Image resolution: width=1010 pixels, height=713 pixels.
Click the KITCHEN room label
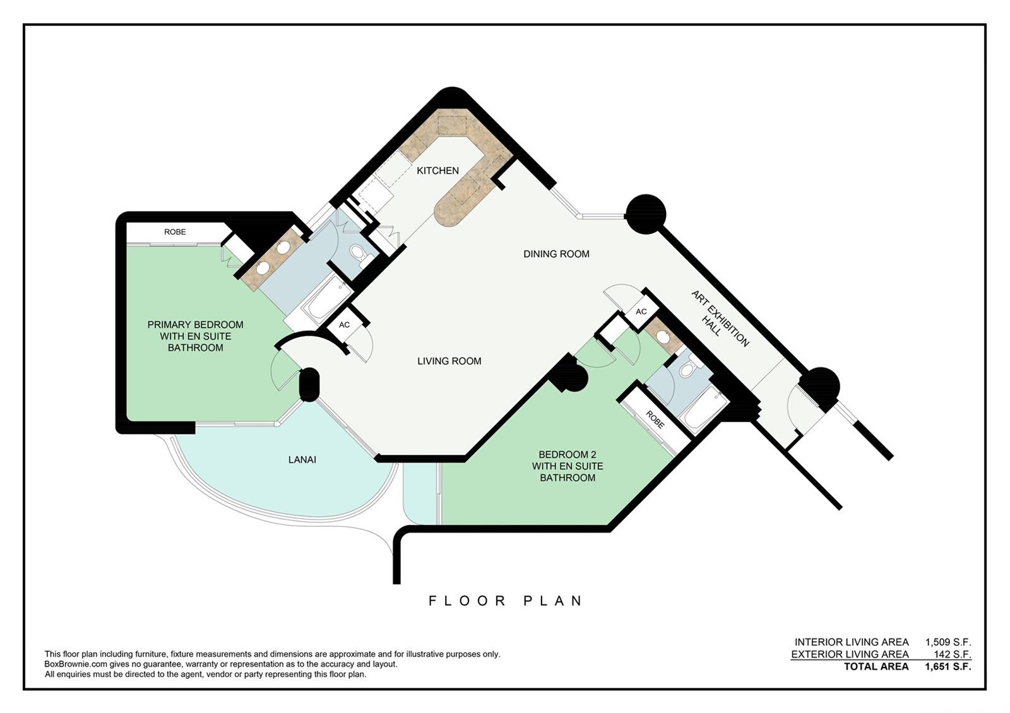click(437, 170)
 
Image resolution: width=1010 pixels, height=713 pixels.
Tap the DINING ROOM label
click(556, 254)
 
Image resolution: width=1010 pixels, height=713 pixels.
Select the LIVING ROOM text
click(449, 361)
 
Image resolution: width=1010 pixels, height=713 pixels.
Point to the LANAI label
click(302, 460)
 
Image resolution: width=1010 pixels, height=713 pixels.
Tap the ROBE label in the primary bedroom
click(175, 232)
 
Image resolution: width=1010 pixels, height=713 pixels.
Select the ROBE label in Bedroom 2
click(655, 420)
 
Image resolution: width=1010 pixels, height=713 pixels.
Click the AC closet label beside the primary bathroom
click(344, 324)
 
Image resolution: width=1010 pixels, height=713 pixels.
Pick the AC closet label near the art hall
click(641, 312)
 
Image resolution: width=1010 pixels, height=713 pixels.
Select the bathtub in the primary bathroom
click(327, 298)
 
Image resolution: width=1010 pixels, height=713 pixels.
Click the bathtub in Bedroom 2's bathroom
click(703, 409)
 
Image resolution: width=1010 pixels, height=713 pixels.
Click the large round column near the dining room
click(646, 214)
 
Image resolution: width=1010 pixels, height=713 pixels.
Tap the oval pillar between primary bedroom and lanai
click(309, 384)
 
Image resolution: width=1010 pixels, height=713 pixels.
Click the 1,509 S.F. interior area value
click(948, 642)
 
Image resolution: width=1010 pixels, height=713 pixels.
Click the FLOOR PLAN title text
click(505, 601)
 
